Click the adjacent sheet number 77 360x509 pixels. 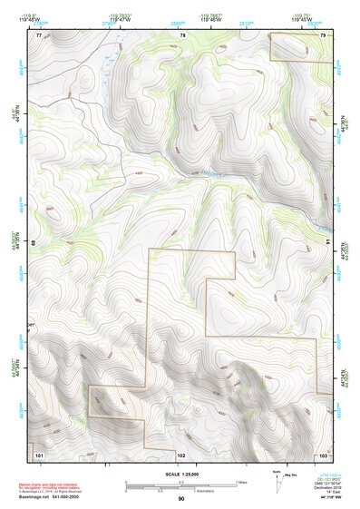coord(39,35)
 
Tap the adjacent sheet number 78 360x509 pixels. coord(183,35)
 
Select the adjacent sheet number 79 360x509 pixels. coord(323,35)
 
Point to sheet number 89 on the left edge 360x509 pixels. coord(34,243)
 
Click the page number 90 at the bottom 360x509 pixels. coord(180,499)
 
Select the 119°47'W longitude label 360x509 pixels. coord(121,21)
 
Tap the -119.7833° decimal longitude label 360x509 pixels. coord(121,15)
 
